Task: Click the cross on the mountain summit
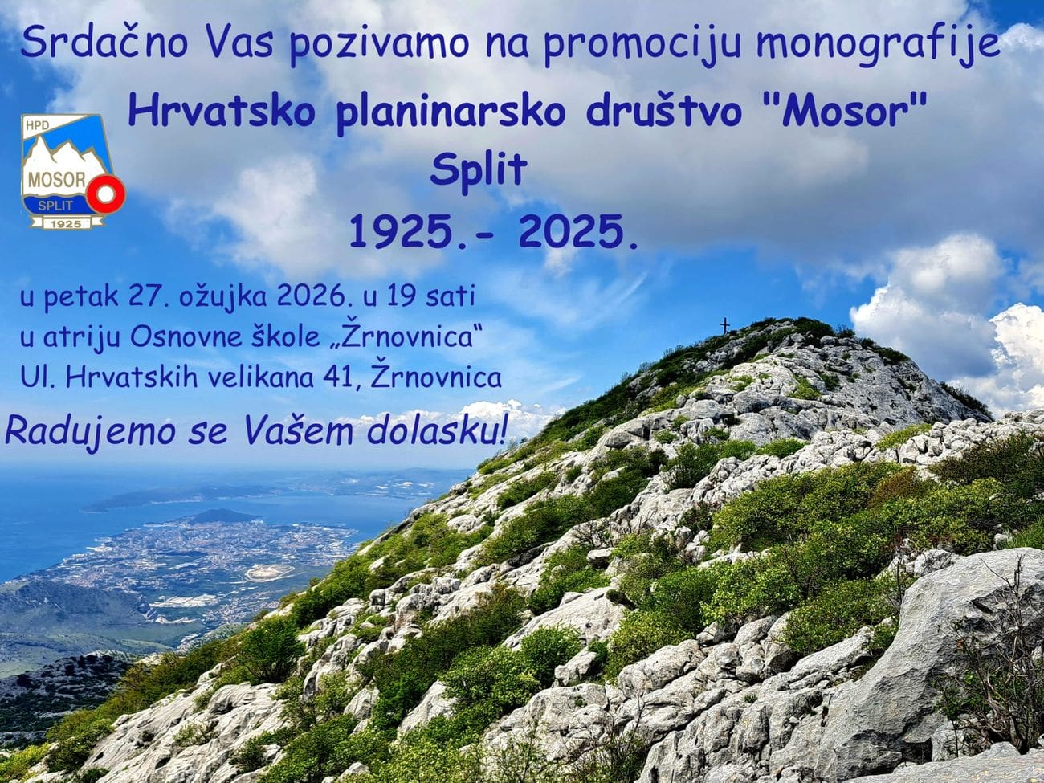click(x=724, y=325)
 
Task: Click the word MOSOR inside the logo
click(x=56, y=179)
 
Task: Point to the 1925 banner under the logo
click(x=66, y=223)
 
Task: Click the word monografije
click(x=878, y=45)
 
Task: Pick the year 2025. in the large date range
click(x=578, y=232)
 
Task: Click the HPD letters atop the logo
click(x=37, y=127)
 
